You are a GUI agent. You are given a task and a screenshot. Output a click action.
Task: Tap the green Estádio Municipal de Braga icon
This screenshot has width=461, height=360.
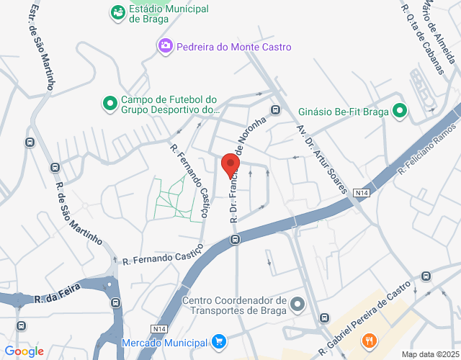pos(117,12)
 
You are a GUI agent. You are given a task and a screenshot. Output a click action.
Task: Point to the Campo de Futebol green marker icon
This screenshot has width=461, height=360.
pos(110,104)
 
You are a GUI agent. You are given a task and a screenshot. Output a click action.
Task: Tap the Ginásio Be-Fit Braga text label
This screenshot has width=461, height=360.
pos(343,112)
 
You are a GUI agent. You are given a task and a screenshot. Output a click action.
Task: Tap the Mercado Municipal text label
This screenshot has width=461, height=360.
pos(165,341)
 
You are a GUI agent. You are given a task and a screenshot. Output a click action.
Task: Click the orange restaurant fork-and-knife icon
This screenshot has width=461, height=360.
pos(370,340)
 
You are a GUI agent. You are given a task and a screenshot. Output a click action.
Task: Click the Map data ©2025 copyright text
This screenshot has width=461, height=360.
pos(429,354)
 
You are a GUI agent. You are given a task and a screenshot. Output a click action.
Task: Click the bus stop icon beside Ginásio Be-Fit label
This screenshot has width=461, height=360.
pos(275,109)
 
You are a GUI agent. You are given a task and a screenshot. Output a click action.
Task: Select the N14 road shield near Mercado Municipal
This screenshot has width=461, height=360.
pos(159,328)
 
